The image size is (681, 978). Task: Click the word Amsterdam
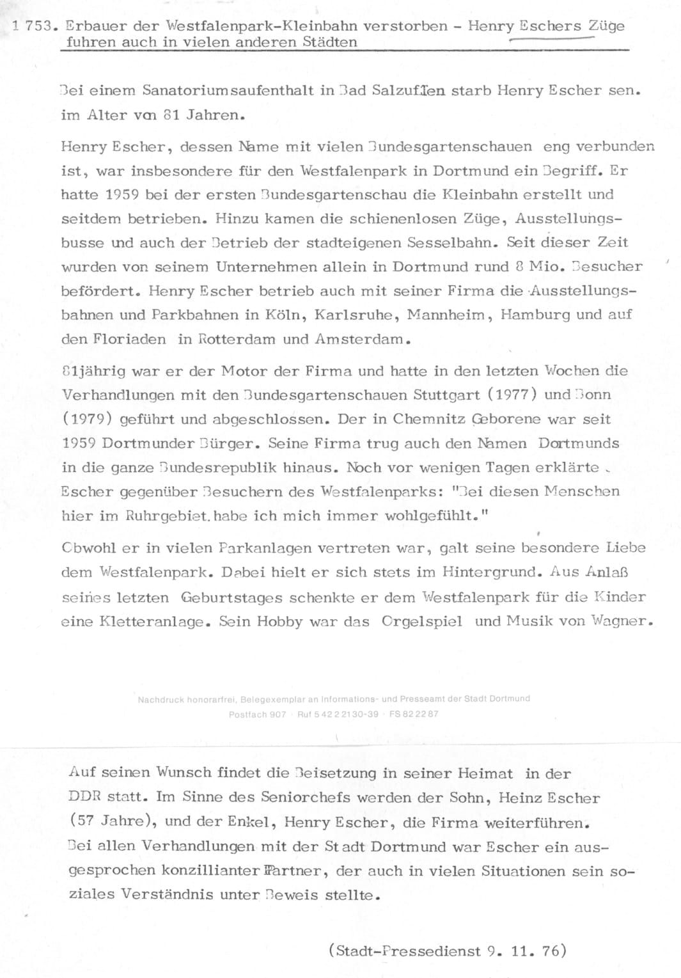pos(360,340)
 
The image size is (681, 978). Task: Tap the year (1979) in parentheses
pos(88,420)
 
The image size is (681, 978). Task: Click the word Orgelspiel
pos(421,622)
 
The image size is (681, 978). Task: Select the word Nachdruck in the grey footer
pos(160,699)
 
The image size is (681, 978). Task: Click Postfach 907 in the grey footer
pos(257,714)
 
